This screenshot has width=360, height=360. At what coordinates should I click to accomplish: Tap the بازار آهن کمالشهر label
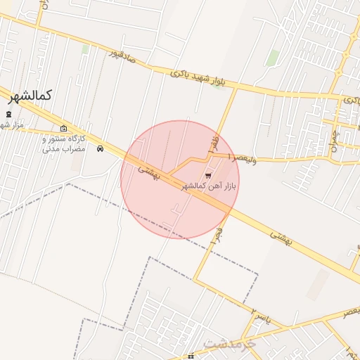click(209, 185)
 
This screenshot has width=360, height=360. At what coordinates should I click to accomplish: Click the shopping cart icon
click(207, 175)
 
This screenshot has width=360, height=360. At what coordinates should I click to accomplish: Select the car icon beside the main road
click(101, 148)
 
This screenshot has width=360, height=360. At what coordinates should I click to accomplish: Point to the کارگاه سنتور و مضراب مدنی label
click(64, 144)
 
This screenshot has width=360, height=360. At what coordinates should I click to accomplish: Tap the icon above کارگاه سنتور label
click(64, 129)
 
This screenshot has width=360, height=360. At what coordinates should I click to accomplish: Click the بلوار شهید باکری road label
click(200, 78)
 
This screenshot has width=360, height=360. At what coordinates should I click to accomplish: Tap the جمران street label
click(337, 141)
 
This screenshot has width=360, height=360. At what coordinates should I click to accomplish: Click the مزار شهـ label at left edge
click(12, 125)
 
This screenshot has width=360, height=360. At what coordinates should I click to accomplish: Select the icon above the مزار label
click(8, 114)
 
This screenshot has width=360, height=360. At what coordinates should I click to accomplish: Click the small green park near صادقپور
click(85, 49)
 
